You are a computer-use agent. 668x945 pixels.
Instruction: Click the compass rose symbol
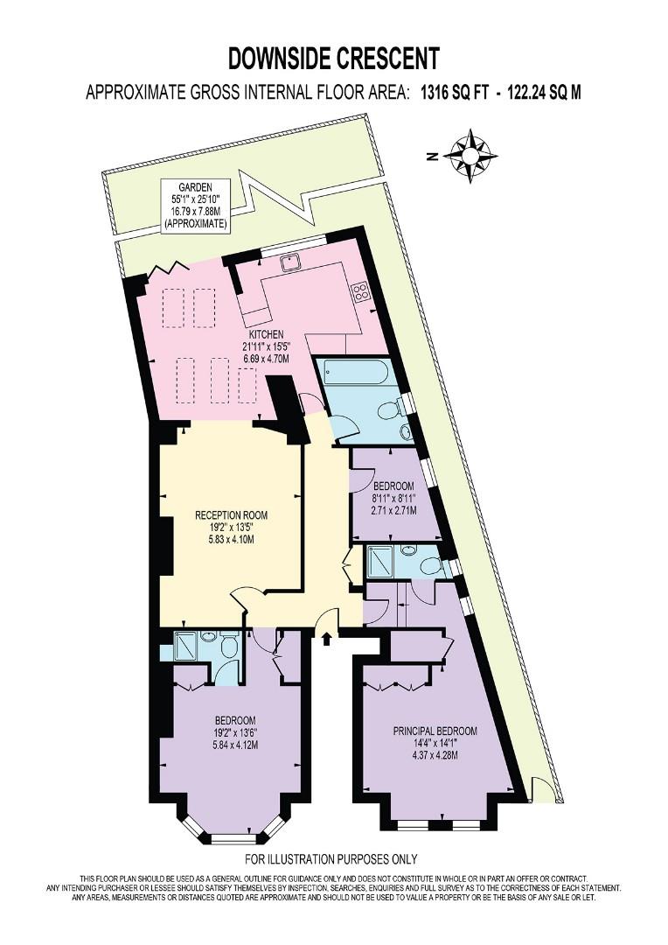pos(470,156)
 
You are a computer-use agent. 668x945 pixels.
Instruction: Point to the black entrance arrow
pos(326,639)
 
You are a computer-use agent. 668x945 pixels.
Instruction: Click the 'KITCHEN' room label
pos(266,334)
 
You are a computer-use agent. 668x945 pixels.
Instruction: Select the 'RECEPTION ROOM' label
pos(232,515)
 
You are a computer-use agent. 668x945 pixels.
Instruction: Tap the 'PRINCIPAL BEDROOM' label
pos(435,731)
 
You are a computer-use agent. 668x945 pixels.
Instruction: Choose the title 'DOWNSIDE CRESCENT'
pos(334,59)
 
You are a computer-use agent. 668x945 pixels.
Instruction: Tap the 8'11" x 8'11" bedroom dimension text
pos(394,499)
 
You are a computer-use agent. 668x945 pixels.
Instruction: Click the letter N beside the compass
pos(431,157)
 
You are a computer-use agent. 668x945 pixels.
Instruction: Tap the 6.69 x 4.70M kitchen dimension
pos(266,358)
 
